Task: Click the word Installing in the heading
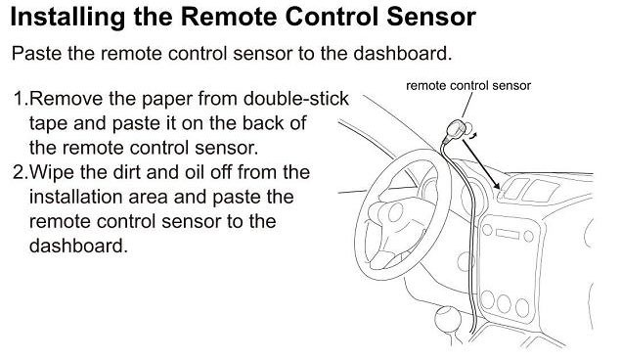67,18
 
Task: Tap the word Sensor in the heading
431,17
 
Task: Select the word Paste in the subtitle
36,54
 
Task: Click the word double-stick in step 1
296,99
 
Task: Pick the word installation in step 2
78,197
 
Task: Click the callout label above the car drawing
468,85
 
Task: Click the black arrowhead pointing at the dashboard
495,184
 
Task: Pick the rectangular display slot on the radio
507,234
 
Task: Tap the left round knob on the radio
487,229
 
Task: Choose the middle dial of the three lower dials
504,303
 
